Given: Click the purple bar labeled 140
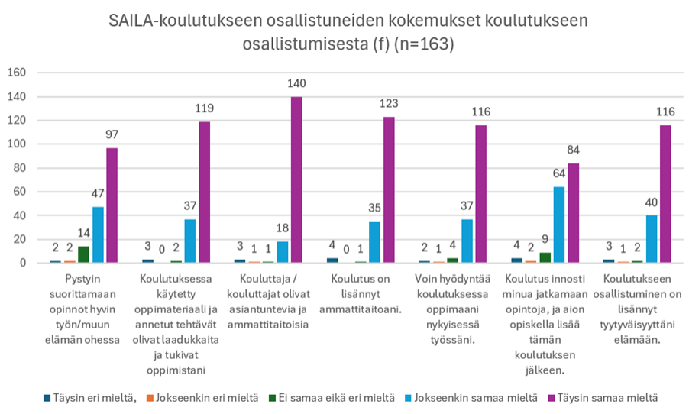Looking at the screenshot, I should click(296, 180).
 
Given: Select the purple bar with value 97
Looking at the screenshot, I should click(112, 205).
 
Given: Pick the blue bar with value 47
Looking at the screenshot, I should click(99, 235).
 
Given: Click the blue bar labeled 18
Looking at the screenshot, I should click(283, 252).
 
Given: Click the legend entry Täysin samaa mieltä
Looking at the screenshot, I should click(608, 397).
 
